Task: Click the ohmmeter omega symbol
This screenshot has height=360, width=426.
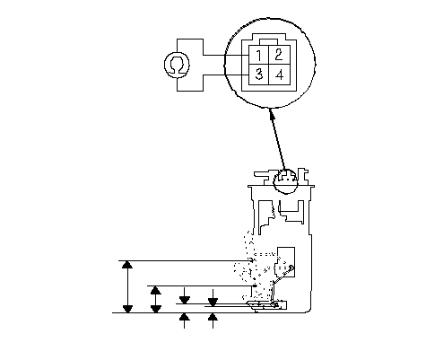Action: [177, 65]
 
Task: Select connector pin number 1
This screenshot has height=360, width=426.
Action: [258, 55]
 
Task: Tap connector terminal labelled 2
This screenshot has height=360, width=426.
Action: [279, 55]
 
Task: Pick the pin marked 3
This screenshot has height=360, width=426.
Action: [258, 75]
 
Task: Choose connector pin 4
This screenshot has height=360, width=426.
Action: [279, 75]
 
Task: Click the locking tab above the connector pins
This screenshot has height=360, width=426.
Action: [269, 42]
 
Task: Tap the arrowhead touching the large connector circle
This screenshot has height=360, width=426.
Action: [272, 113]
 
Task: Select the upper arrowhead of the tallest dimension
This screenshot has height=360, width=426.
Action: [127, 265]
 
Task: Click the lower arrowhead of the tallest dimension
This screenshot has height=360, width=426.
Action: [127, 309]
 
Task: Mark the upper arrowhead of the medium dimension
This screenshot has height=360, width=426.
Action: [156, 290]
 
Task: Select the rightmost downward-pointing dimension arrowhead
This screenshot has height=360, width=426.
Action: [213, 303]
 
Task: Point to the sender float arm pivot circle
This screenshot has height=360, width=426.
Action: [291, 267]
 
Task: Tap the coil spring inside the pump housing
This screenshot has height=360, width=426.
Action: [273, 209]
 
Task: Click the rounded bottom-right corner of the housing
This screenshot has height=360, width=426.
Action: [309, 310]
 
